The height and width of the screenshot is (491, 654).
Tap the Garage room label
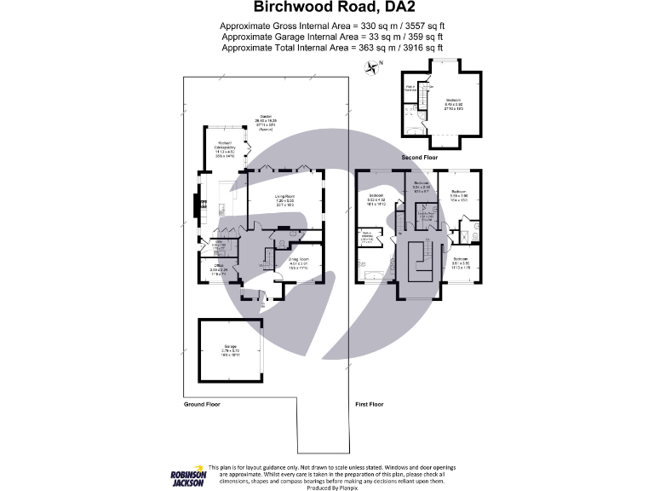tap(232, 349)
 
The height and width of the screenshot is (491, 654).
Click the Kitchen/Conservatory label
tap(226, 148)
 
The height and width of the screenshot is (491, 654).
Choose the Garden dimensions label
tap(266, 122)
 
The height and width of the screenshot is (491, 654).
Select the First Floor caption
tap(369, 403)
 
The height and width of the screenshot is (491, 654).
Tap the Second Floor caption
tap(420, 158)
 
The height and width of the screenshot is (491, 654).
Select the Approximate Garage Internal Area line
tap(331, 37)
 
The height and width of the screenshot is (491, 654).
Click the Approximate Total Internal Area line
tap(331, 48)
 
